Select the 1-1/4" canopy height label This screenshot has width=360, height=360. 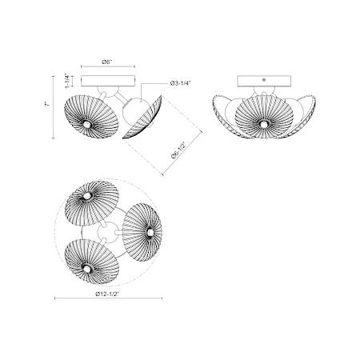pos(68,81)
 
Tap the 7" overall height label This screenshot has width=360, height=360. pos(47,104)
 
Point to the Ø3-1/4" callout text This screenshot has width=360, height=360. pos(181,83)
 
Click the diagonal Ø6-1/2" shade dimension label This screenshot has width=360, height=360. pos(178,150)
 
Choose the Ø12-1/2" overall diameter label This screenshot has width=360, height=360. pos(107,294)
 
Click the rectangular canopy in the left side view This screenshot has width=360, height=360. pos(108,81)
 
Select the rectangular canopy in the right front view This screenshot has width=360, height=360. pos(264,81)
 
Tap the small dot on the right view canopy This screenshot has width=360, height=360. pos(264,80)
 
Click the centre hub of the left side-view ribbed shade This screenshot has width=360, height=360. pos(86,124)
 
